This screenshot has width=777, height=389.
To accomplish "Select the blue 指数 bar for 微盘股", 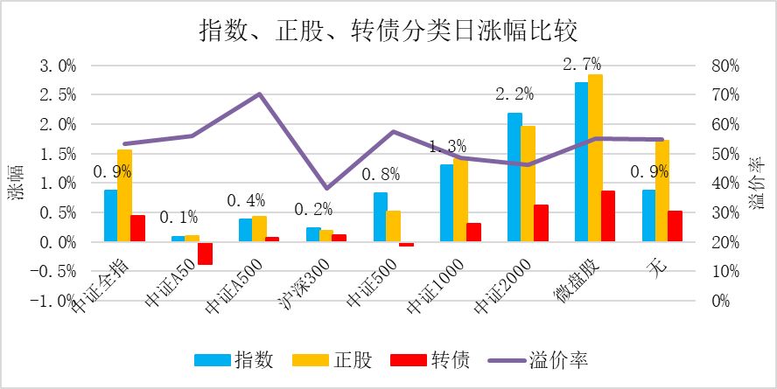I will [581, 162].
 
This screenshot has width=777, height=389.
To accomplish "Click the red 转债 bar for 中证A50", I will [205, 253].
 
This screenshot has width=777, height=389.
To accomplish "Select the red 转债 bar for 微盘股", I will [608, 216].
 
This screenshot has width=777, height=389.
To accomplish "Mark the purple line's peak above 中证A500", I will [260, 94].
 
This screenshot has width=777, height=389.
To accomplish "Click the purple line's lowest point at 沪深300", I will [327, 188].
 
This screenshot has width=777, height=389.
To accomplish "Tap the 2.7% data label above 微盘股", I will [582, 63].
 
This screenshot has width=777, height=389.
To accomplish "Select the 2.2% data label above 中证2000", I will [514, 94].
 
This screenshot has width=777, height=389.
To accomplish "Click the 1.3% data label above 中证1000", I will [447, 146].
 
